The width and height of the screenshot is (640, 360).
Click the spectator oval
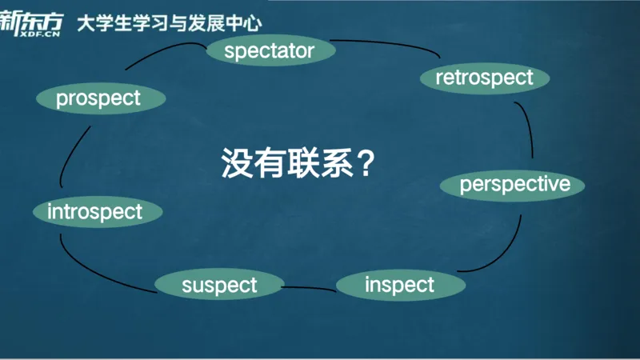pos(270,52)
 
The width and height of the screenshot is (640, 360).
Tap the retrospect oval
pos(485,78)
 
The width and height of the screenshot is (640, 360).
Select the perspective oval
pos(513,185)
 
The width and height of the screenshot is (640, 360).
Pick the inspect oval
pos(399,285)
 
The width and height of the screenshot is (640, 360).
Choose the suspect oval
pos(219,285)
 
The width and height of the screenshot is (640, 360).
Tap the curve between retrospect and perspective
pos(528,128)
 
